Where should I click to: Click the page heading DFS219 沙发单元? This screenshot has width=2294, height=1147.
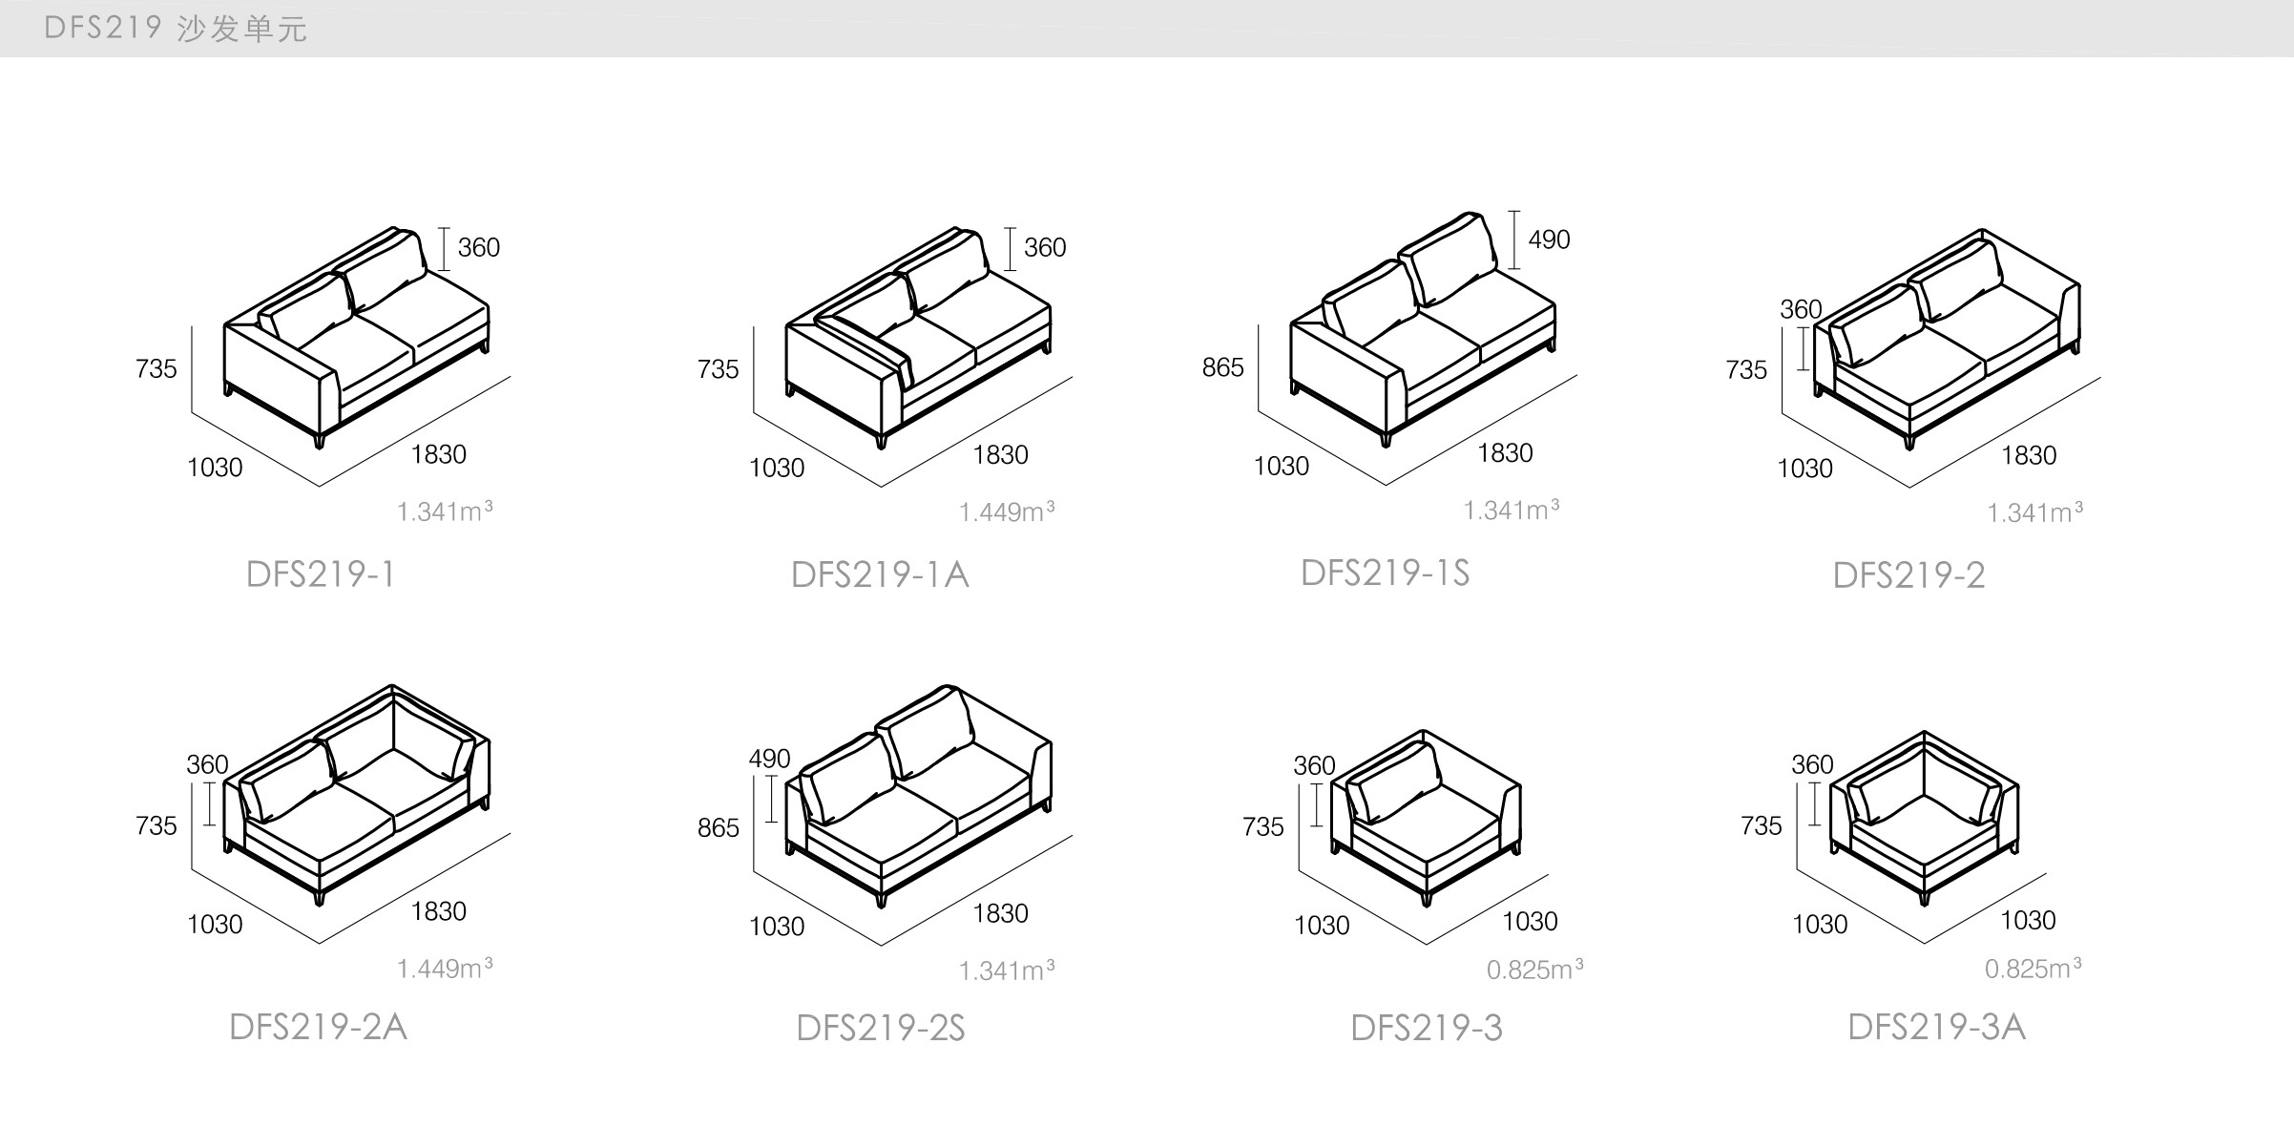[176, 29]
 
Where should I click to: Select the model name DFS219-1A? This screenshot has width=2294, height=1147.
[880, 574]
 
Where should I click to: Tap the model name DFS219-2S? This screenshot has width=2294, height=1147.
[880, 1028]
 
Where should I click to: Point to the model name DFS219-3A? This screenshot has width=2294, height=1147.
[1936, 1027]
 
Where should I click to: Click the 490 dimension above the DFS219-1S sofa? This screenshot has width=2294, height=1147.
[1548, 240]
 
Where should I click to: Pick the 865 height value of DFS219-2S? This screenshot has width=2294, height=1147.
[718, 827]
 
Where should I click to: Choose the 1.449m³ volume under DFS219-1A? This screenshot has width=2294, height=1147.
[1006, 512]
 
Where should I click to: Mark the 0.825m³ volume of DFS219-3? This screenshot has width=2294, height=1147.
[1534, 970]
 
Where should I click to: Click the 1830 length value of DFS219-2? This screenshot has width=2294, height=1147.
[2029, 455]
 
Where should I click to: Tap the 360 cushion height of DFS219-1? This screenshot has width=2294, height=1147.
[478, 248]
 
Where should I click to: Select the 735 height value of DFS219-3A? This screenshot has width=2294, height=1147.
[1761, 825]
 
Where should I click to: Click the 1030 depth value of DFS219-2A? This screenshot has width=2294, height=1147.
[215, 925]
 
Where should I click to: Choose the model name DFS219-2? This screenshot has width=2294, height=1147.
[1908, 575]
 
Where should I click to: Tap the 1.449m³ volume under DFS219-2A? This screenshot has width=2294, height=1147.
[445, 969]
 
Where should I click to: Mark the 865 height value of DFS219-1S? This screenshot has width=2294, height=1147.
[1222, 367]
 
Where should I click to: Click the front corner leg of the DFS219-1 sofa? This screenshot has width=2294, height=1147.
[320, 439]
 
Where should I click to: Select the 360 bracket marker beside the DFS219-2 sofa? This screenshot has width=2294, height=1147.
[1803, 348]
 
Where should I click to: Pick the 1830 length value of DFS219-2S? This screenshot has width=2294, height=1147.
[1000, 913]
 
